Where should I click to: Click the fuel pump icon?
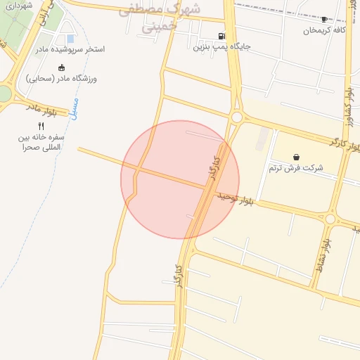tap(222, 37)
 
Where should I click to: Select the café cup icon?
tap(323, 20)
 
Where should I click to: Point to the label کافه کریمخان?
tap(324, 30)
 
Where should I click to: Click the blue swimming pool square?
tap(70, 39)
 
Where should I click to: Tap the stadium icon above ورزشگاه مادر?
tap(62, 67)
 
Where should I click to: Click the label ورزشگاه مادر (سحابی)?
tap(62, 79)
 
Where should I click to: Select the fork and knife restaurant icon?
tap(41, 126)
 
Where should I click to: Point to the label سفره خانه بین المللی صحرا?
tap(41, 142)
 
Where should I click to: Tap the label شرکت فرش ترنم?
tap(297, 168)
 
